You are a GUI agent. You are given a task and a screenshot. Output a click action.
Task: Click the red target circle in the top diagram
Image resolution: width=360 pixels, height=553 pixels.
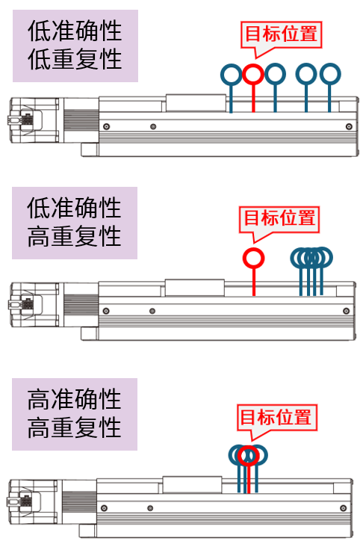pos(253,65)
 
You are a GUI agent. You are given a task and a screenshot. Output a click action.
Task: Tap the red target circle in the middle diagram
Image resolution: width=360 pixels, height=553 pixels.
pos(253,249)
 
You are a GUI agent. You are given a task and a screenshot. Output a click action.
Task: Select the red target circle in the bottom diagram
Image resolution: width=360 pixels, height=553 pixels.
pos(248,446)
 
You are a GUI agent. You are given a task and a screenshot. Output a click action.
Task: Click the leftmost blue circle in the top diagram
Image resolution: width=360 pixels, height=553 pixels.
pos(231,64)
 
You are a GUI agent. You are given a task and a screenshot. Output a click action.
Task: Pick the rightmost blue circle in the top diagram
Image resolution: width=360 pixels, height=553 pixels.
pos(330,64)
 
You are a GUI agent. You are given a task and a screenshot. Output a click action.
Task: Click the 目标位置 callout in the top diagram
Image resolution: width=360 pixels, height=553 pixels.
pos(281,34)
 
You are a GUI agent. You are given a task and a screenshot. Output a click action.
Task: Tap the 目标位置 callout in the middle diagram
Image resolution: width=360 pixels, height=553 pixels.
pos(279,219)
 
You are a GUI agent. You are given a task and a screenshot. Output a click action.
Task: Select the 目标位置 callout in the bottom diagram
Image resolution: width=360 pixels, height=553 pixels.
pos(277,417)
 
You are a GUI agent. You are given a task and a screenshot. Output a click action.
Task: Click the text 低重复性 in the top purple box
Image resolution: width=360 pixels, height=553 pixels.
pos(75,59)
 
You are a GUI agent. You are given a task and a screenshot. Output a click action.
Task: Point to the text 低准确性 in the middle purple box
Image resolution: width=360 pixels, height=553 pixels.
pos(74,208)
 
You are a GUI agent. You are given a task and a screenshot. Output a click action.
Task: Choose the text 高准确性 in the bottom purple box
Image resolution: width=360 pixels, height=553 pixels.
pos(74,399)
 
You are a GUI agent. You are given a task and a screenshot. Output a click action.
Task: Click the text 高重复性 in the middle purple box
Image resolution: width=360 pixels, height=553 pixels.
pos(74,236)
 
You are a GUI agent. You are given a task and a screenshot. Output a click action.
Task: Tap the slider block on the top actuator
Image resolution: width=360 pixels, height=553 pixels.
pos(196,103)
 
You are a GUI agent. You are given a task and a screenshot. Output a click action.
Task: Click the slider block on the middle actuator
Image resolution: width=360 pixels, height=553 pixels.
pos(195,288)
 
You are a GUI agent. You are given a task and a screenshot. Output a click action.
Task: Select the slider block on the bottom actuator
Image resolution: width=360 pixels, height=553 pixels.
pos(192,485)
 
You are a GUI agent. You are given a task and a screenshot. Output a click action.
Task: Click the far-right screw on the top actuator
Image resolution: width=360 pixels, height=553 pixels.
pos(349,126)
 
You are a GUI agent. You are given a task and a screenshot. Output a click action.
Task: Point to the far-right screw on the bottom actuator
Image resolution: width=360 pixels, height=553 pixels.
pos(343,508)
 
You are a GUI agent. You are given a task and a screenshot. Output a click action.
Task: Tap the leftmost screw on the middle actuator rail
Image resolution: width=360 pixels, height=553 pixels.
pos(106,311)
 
